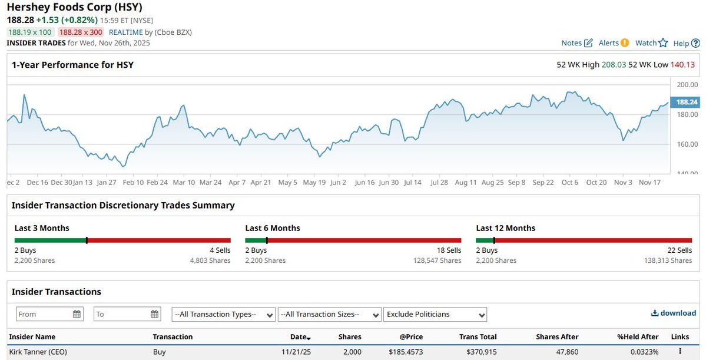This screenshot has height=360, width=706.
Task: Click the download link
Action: click(673, 313)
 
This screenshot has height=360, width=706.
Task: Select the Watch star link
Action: click(651, 43)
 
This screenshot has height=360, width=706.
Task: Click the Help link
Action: click(687, 43)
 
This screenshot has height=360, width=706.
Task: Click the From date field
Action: click(50, 314)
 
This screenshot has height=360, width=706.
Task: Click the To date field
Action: click(127, 314)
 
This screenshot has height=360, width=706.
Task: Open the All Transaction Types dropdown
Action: click(224, 314)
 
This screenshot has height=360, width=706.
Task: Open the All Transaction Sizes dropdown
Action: click(329, 314)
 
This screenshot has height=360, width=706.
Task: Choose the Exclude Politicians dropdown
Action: click(435, 314)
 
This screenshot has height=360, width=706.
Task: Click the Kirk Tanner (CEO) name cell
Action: click(38, 352)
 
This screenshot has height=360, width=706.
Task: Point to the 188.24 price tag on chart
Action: click(686, 102)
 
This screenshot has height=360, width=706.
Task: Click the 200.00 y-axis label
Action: click(687, 85)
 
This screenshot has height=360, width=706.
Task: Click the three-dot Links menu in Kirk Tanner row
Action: click(680, 352)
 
